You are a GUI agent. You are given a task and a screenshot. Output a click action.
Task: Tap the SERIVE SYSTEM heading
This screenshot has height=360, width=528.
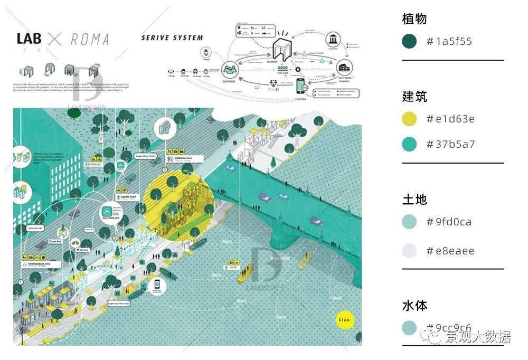point(172,37)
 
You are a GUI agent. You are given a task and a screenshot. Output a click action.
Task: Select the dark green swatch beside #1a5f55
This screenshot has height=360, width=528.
point(409,41)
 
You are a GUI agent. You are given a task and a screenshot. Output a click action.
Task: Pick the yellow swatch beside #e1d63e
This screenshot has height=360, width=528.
point(409,119)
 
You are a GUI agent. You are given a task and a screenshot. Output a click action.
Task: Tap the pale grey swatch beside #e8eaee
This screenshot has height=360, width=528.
point(409,251)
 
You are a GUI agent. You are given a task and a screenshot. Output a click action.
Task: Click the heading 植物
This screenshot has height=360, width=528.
point(414,19)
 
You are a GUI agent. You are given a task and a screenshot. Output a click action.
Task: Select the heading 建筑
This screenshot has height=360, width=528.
point(414,97)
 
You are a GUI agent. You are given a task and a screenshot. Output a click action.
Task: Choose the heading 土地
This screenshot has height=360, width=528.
point(414,200)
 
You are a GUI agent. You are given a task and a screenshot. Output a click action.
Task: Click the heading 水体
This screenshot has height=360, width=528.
point(414,305)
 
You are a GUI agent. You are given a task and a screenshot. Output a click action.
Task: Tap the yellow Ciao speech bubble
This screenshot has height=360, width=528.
point(344,320)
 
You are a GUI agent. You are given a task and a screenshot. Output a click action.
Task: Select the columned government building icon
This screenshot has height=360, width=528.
point(333,41)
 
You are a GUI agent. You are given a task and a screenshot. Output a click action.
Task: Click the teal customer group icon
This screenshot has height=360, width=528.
point(230,69)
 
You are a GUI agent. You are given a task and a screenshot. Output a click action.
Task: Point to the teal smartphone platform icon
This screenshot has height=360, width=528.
point(301,87)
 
